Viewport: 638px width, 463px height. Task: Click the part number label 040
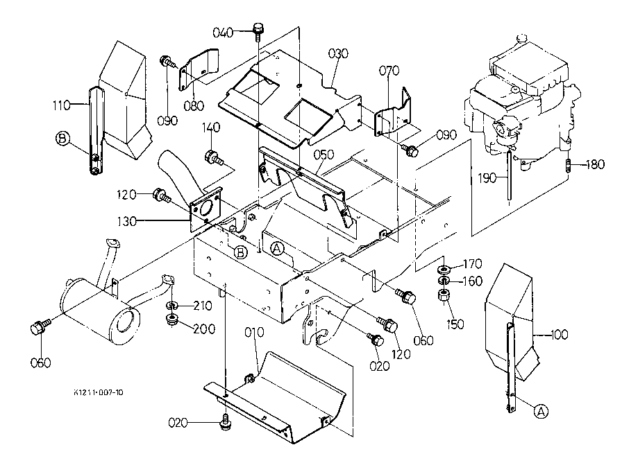[223, 32]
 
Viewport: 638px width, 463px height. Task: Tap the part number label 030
[337, 53]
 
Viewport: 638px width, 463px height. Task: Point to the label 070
[389, 71]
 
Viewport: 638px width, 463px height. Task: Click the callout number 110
[62, 105]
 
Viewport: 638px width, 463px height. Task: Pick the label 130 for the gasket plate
[126, 221]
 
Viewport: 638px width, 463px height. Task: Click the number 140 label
[211, 128]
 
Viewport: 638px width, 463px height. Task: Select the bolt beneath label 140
[213, 157]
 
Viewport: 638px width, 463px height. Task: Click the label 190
[487, 178]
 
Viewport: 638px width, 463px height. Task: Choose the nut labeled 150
[444, 295]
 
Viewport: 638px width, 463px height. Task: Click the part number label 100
[559, 335]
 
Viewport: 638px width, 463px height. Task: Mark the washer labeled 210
[172, 306]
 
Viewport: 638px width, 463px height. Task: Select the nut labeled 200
[172, 320]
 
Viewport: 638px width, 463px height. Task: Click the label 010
[254, 332]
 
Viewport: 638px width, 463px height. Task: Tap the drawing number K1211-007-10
[98, 392]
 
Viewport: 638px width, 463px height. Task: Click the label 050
[324, 155]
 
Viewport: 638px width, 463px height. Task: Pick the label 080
[194, 106]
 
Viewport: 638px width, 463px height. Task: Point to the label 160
[473, 281]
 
